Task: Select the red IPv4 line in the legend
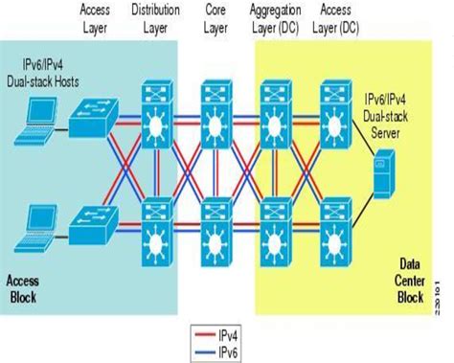(x=202, y=333)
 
